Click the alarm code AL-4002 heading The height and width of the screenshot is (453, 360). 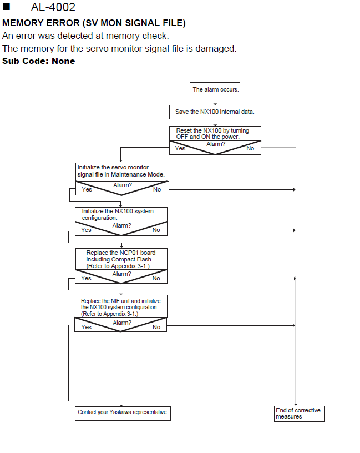click(x=53, y=7)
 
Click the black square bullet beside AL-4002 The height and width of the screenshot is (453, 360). click(x=6, y=7)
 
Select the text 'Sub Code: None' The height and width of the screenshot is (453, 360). click(x=39, y=61)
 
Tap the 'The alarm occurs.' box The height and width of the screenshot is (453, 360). click(x=215, y=90)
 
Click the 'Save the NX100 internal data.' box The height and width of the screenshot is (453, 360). click(x=215, y=112)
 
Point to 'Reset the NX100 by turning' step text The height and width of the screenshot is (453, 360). click(x=212, y=130)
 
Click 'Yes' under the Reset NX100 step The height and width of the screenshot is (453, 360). click(x=180, y=148)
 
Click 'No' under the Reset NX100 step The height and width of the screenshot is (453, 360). click(x=250, y=148)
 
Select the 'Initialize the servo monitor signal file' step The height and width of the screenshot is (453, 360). click(x=121, y=171)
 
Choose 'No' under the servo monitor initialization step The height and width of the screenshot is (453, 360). click(x=157, y=189)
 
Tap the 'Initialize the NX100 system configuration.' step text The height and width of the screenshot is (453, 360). click(x=118, y=214)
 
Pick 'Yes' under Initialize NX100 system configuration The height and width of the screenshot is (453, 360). click(x=86, y=230)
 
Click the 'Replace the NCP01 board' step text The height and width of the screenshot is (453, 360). click(x=121, y=253)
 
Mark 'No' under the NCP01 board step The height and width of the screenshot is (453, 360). click(x=156, y=278)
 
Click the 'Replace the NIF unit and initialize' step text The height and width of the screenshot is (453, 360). click(x=121, y=301)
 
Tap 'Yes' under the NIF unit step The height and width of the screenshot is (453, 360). click(x=87, y=327)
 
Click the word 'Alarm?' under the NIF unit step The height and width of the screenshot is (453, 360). click(x=122, y=323)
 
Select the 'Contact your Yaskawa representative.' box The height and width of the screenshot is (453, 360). click(x=123, y=414)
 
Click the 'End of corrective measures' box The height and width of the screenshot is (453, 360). click(x=300, y=414)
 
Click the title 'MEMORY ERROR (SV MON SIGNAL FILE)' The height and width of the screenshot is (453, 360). click(x=94, y=23)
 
